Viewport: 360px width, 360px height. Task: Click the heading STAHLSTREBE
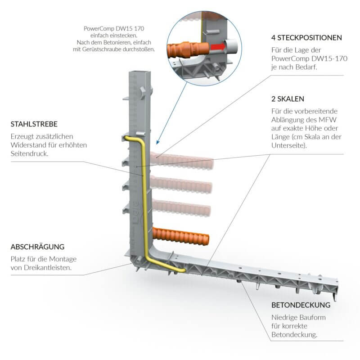[34, 124]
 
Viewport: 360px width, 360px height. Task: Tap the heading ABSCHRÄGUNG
[37, 247]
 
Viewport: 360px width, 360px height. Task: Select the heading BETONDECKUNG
[301, 305]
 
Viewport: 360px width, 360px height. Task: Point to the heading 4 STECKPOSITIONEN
[306, 37]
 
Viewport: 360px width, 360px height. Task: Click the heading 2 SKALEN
[288, 98]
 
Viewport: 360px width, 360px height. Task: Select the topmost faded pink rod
[182, 161]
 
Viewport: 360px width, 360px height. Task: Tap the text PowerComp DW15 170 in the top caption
[114, 28]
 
